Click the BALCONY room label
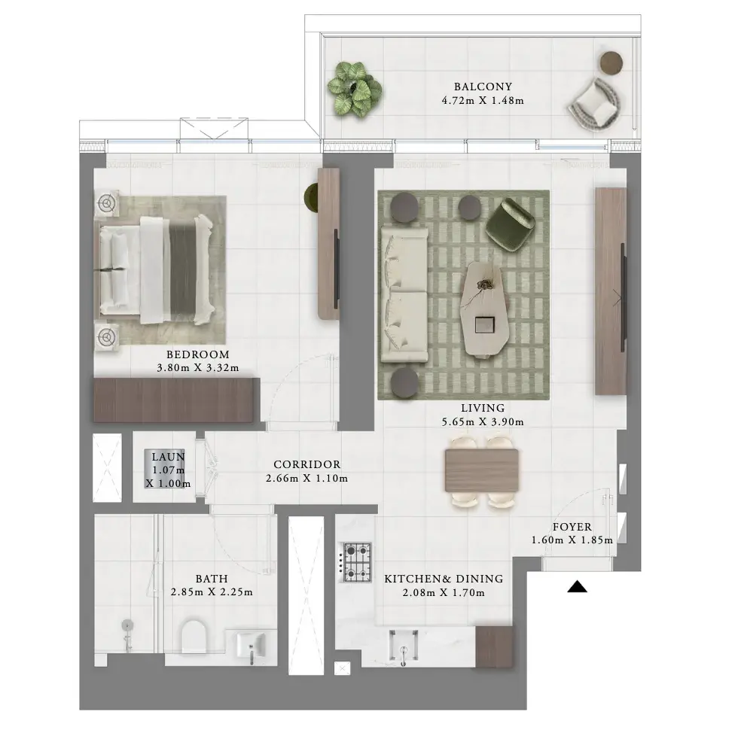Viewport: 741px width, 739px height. tap(483, 87)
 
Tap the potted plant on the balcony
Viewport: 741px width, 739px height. tap(355, 88)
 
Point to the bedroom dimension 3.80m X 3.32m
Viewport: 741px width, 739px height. tap(198, 368)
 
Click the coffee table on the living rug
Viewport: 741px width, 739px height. tap(485, 308)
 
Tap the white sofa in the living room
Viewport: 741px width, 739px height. tap(404, 295)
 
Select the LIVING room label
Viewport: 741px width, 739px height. tap(483, 408)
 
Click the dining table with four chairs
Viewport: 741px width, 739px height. tap(481, 471)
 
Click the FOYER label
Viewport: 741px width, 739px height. tap(572, 527)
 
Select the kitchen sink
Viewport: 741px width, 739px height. tap(403, 646)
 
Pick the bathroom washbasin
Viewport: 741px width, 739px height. tap(252, 646)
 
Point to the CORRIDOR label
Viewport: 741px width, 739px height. tap(307, 464)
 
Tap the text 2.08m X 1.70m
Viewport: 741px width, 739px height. tap(444, 592)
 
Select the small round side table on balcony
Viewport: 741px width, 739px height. tap(611, 62)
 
